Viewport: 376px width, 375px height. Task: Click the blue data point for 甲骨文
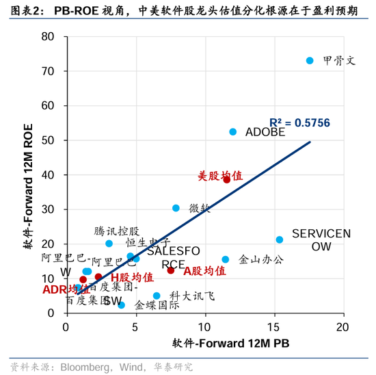tap(310, 61)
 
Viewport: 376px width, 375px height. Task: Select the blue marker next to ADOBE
tap(232, 132)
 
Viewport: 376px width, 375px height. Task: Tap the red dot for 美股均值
tap(227, 179)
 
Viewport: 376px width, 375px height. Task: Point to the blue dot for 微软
tap(176, 208)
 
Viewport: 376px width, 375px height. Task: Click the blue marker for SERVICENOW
tap(280, 240)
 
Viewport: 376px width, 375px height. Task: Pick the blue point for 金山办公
tap(226, 259)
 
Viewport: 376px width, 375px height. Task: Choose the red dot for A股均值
tap(171, 270)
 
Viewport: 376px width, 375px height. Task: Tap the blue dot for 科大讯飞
tap(157, 296)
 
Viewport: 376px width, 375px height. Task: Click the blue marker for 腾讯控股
tap(109, 244)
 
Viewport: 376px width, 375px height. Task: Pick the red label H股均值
tap(133, 278)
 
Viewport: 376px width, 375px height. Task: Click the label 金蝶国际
tap(157, 305)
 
